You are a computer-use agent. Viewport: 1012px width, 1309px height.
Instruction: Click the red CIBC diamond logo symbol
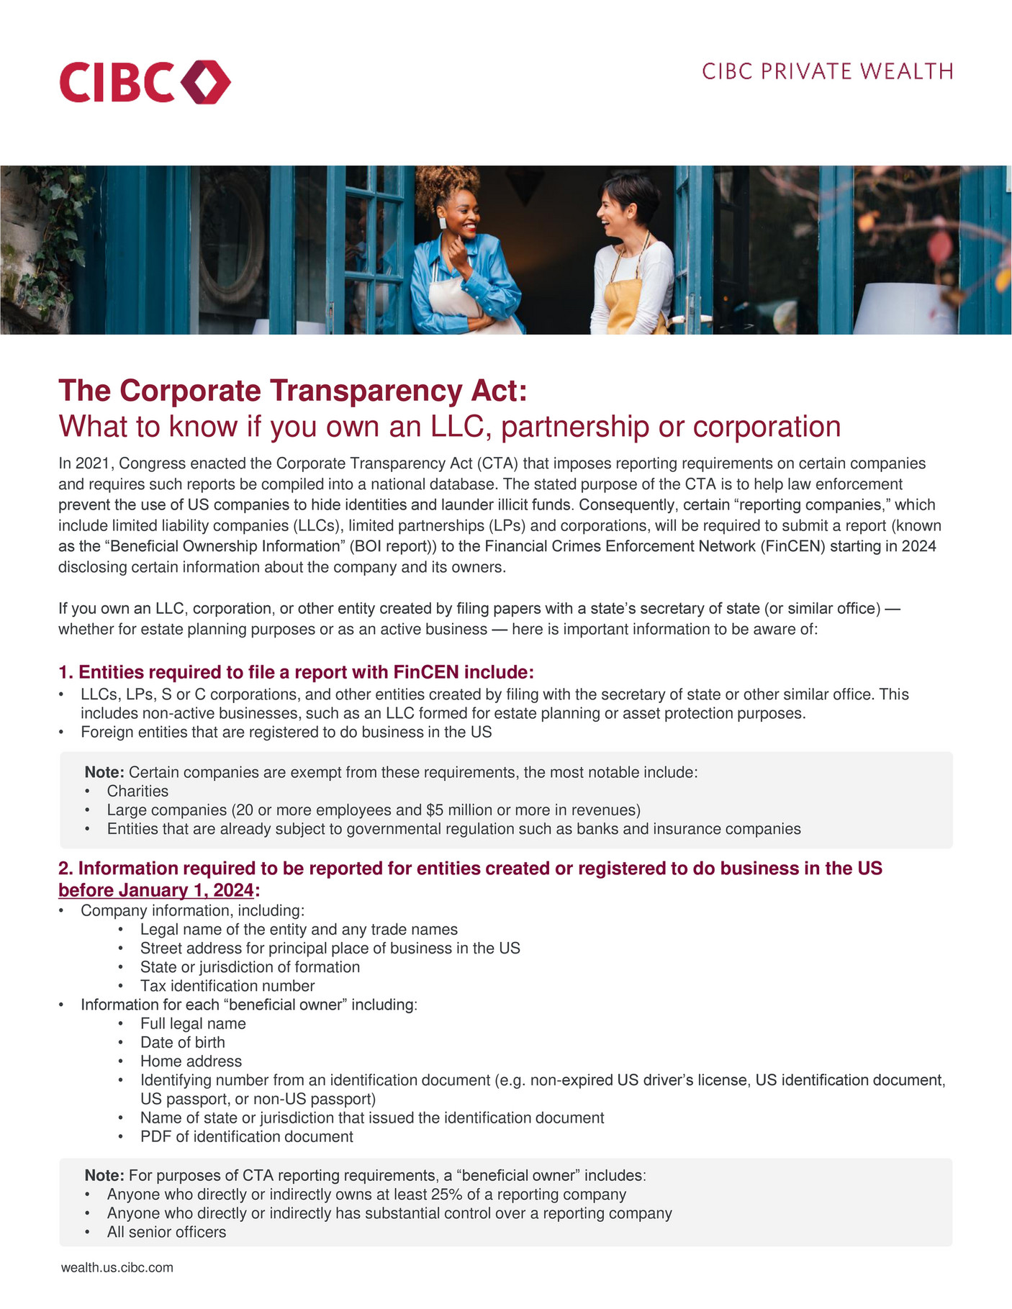coord(206,82)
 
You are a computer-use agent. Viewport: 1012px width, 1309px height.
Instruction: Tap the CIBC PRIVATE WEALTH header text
coord(827,72)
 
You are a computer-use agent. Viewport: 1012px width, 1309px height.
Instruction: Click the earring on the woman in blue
coord(443,223)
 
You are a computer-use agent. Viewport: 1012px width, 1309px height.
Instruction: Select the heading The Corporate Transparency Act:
coord(293,391)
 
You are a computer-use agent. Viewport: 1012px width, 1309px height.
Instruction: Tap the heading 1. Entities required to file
coord(296,672)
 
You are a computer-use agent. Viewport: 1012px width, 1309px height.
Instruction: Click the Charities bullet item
coord(137,791)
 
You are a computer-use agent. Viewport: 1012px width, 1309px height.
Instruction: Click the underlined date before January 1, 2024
coord(156,890)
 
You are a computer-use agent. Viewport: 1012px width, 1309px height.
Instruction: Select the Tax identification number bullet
coord(227,986)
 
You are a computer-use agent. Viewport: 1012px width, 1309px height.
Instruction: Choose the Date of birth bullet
coord(182,1042)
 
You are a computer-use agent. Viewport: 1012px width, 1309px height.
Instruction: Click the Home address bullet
coord(191,1061)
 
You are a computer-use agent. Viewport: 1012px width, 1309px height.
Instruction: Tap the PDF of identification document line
coord(246,1136)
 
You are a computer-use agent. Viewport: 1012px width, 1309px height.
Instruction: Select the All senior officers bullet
coord(166,1232)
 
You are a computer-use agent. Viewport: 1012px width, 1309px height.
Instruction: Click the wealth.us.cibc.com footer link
coord(117,1267)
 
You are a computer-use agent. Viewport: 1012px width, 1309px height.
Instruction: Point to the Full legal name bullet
coord(193,1023)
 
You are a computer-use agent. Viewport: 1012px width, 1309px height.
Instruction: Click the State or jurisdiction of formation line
coord(250,967)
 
